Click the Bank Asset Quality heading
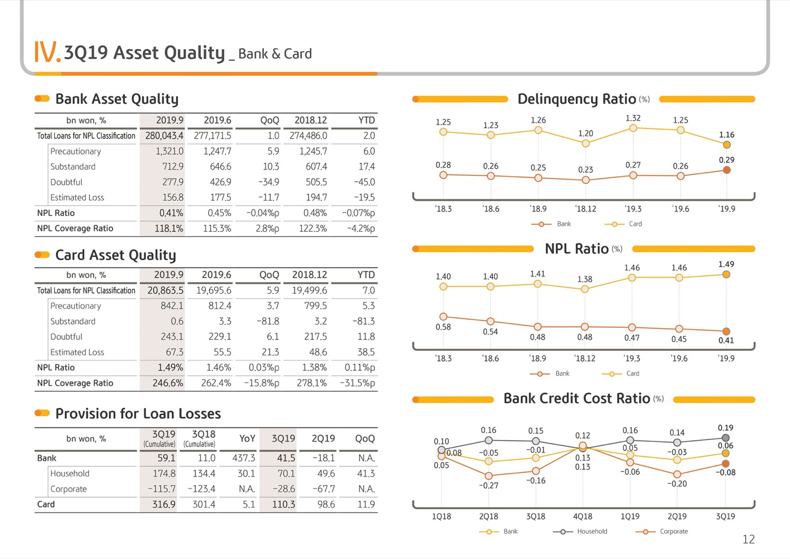tap(117, 99)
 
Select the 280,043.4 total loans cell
tap(164, 136)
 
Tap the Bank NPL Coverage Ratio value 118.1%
tap(169, 229)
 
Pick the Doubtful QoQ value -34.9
tap(269, 182)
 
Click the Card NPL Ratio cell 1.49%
tap(170, 368)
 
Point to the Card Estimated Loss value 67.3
tap(174, 352)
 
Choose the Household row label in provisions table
tap(70, 474)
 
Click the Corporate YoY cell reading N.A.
tap(247, 489)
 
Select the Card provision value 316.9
tap(164, 505)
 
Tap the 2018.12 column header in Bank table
tap(311, 120)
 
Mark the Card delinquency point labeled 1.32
tap(633, 128)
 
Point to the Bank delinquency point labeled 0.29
tap(726, 170)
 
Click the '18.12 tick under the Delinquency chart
tap(586, 209)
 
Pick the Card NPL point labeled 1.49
tap(726, 274)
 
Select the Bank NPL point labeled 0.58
tap(443, 317)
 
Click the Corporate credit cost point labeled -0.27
tap(488, 476)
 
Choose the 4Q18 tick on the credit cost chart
tap(582, 517)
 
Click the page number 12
tap(749, 540)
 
